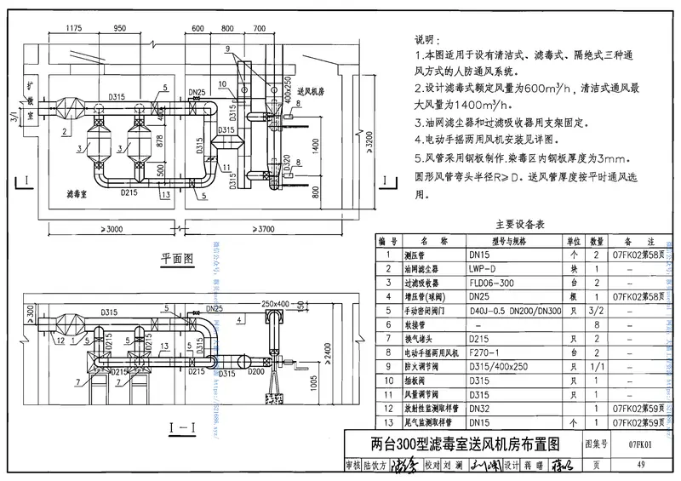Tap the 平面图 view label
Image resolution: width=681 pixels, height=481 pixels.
pos(177,256)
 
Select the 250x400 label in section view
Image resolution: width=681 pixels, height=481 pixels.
pos(275,302)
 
